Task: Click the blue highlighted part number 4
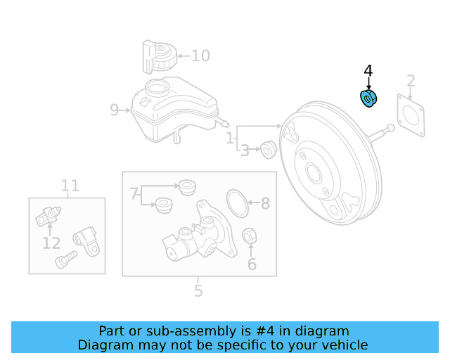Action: point(368,100)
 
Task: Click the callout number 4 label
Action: point(368,71)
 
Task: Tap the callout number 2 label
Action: point(411,81)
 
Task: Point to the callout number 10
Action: point(200,56)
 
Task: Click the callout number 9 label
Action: point(115,110)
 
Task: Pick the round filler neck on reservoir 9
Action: point(157,89)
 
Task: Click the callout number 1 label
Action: point(231,139)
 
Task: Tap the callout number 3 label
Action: point(245,150)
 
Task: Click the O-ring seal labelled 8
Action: point(239,202)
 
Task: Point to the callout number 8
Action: point(265,204)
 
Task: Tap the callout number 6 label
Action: point(251,265)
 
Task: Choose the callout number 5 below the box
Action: point(198,290)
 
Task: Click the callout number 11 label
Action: point(70,186)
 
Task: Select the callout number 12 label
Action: point(51,243)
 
